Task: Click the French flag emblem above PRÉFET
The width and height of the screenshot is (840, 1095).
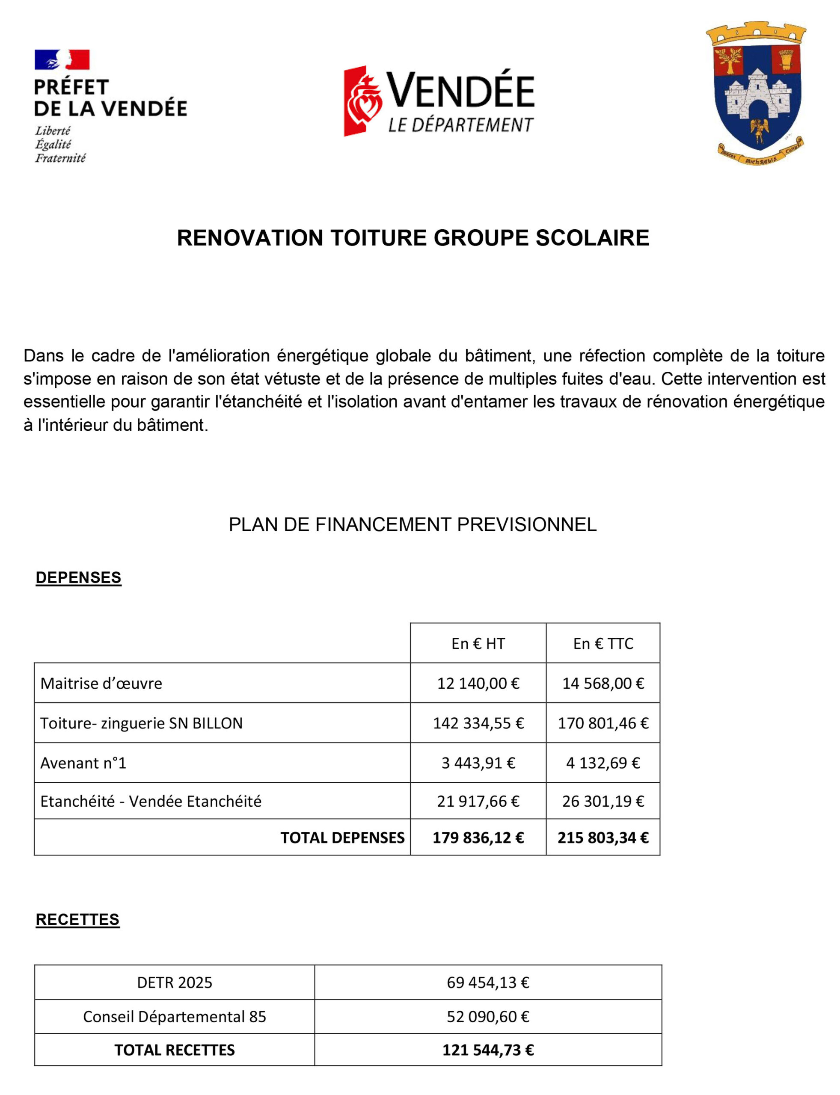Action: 62,59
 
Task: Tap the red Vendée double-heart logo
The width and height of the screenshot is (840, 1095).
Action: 362,101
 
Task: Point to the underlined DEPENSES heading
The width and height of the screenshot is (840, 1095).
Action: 78,578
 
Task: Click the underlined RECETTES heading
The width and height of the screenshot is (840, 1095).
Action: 77,920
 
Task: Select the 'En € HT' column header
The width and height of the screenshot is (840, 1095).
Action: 478,644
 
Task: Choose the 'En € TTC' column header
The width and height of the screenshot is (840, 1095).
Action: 603,644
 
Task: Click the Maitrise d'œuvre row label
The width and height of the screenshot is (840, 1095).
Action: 101,684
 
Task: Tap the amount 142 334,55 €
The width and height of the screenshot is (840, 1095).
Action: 478,724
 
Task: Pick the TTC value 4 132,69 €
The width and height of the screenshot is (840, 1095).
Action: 603,763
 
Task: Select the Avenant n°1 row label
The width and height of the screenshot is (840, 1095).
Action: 83,763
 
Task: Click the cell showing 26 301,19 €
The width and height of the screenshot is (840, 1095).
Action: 603,802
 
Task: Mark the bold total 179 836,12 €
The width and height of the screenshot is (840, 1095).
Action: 478,838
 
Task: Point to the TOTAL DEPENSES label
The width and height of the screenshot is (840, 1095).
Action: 342,838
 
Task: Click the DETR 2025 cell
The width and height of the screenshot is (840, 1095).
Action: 175,983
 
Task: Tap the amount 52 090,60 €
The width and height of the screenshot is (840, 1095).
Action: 488,1017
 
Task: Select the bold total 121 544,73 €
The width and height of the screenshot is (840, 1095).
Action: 488,1050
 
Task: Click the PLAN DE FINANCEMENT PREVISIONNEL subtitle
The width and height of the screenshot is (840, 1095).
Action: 413,525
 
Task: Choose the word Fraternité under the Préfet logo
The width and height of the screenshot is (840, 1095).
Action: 60,158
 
